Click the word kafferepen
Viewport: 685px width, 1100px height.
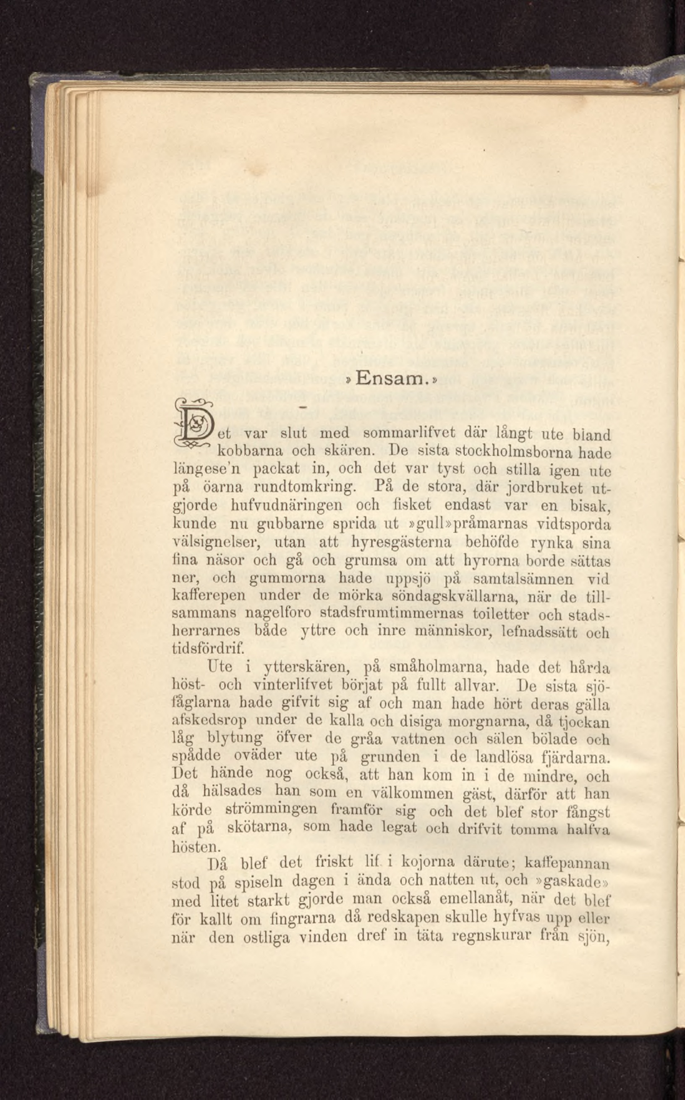pyautogui.click(x=209, y=596)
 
